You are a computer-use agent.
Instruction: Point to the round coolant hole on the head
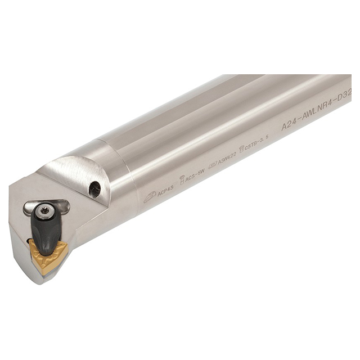tap(94, 189)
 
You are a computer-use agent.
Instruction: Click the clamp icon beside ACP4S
tap(150, 196)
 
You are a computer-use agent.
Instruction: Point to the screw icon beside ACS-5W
tap(182, 181)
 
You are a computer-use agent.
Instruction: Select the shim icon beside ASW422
tap(212, 167)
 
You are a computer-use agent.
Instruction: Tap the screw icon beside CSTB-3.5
tap(242, 149)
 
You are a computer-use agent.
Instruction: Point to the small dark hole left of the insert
tap(28, 241)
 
